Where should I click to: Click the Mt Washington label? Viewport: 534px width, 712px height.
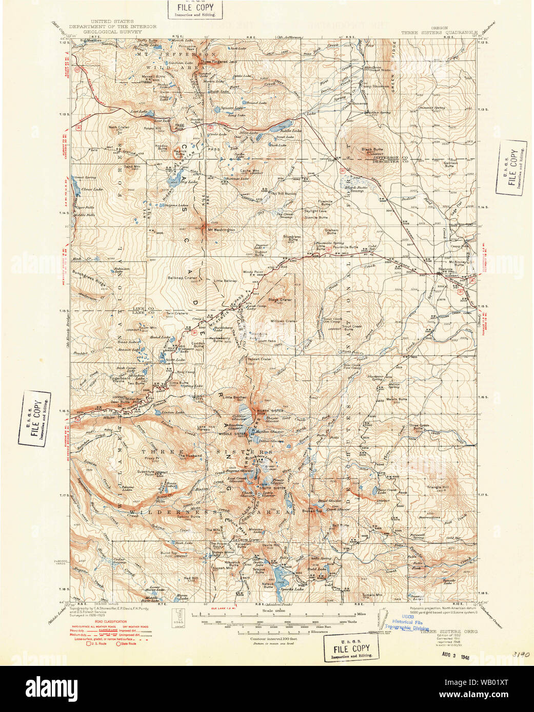(x=222, y=230)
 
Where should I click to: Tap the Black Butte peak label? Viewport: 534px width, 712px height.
(x=372, y=150)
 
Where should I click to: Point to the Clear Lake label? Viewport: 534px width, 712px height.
(x=92, y=190)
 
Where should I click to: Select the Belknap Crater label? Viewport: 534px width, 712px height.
(x=183, y=278)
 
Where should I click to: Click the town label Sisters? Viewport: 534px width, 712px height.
(x=445, y=269)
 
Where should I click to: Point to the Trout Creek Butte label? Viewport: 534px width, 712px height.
(x=352, y=327)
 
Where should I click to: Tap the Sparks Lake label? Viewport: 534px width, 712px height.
(x=292, y=589)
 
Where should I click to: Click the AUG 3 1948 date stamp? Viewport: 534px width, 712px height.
(x=455, y=656)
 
